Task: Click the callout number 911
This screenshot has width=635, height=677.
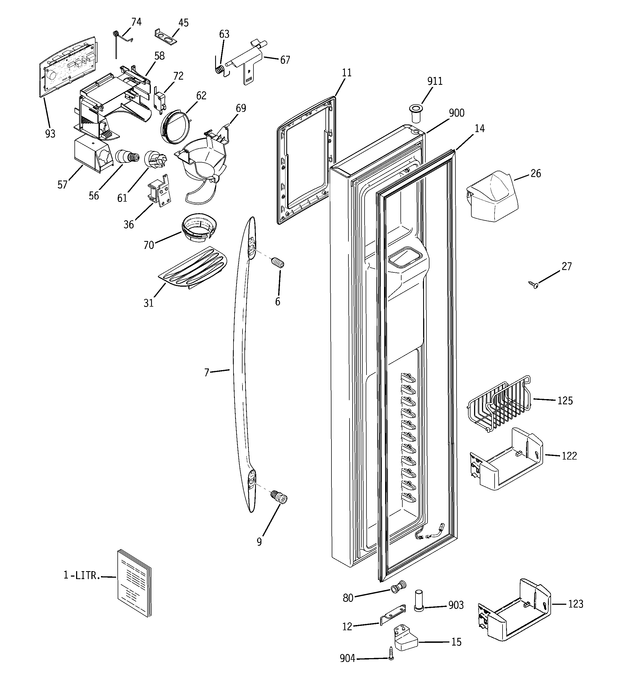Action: tap(435, 81)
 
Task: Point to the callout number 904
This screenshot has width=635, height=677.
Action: tap(347, 659)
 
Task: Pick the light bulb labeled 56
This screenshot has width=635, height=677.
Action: tap(127, 157)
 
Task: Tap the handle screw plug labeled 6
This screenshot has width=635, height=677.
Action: tap(278, 263)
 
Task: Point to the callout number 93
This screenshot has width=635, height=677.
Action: tap(50, 134)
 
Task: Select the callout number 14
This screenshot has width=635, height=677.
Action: tap(479, 128)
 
